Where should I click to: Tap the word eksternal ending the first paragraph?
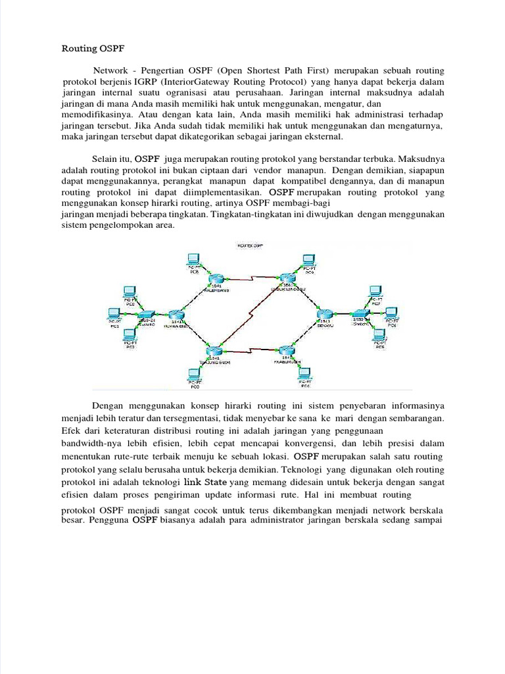pos(321,138)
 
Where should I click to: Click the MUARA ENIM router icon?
pos(175,316)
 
